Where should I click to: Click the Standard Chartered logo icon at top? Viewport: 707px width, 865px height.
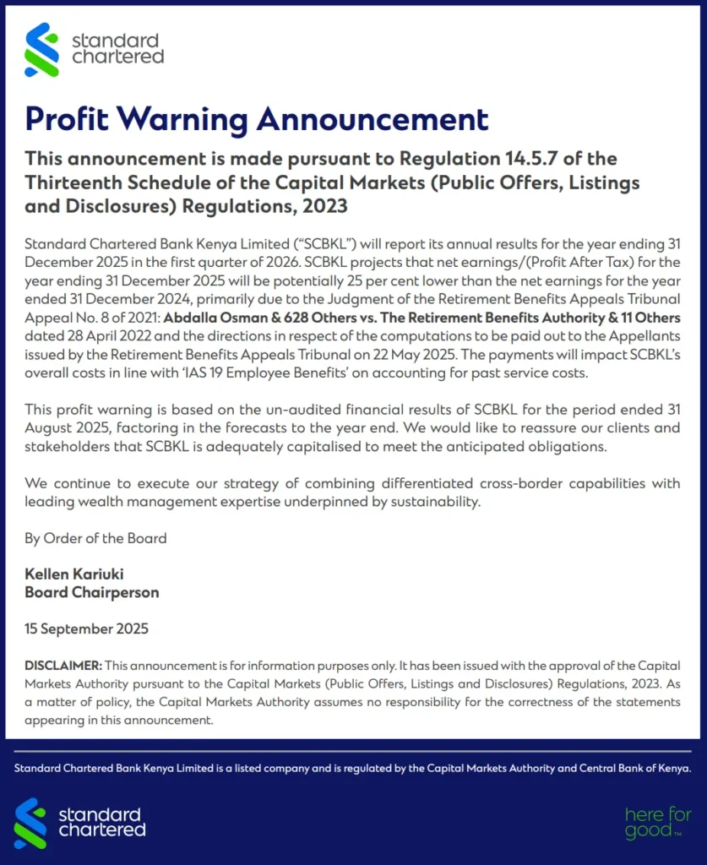(42, 50)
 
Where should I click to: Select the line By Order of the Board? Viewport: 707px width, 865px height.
(95, 538)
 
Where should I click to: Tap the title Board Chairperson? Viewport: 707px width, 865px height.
(91, 592)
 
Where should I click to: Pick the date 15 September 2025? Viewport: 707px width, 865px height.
(86, 629)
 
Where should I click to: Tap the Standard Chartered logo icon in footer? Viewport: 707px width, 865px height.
(30, 822)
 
